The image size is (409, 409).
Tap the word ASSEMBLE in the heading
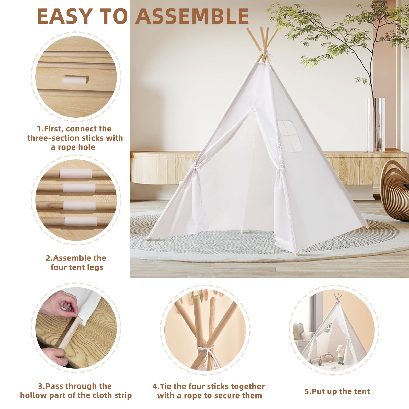(192, 16)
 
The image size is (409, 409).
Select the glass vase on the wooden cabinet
(376, 125)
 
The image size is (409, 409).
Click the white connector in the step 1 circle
(76, 79)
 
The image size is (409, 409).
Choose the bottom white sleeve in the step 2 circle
(80, 221)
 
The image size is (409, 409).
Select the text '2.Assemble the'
(76, 258)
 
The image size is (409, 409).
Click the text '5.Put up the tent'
(337, 391)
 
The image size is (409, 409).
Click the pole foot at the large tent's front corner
(296, 255)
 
